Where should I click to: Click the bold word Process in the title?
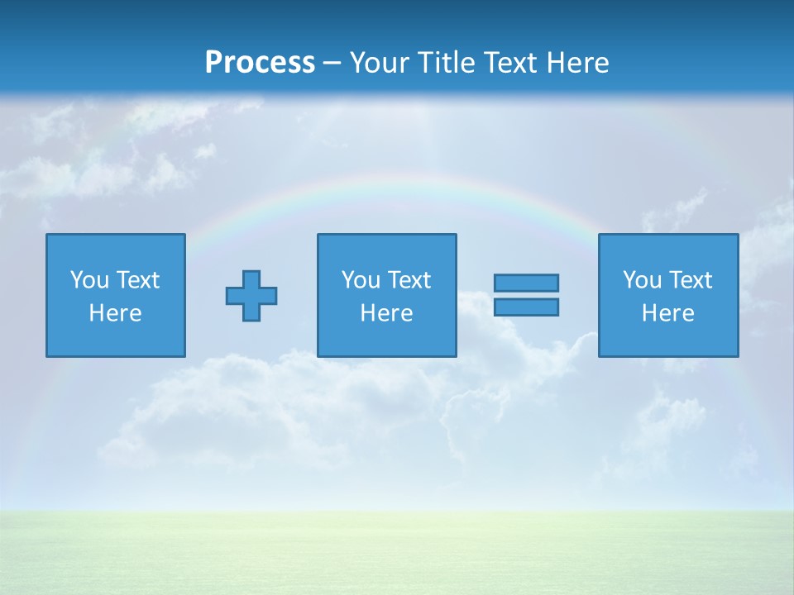coord(260,63)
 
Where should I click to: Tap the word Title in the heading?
coord(450,63)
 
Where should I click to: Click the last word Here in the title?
coord(578,63)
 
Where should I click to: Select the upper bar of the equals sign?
coord(527,283)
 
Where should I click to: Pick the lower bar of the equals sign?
coord(527,307)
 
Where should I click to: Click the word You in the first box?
coord(89,280)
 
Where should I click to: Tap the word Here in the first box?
coord(115,313)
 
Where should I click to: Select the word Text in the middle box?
coord(409,280)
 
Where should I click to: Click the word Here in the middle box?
coord(386,313)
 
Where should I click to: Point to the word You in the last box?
coord(642,280)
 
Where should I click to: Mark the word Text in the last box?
coord(690,280)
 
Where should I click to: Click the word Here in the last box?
coord(668,313)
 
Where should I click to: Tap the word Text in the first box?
coord(137,280)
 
